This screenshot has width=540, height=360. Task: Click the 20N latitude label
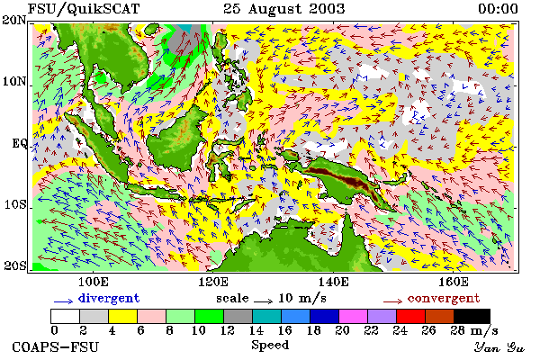(14, 21)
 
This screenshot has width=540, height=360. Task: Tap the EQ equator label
(19, 143)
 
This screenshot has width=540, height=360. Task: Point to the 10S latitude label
(15, 204)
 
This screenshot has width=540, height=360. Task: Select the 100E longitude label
(94, 282)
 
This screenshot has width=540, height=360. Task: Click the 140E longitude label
(333, 282)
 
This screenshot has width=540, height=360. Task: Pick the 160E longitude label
(454, 282)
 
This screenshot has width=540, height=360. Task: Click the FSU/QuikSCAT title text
(84, 9)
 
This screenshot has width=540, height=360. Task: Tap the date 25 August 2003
(283, 9)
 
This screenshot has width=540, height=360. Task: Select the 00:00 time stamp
(498, 9)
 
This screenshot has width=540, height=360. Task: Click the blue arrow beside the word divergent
(63, 301)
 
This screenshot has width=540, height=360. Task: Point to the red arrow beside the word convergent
(392, 301)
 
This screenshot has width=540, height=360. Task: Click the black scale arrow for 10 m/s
(264, 301)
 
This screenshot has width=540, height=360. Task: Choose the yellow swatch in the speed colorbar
(123, 316)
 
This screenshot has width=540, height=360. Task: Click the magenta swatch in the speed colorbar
(354, 316)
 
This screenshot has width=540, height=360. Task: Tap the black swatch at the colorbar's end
(472, 316)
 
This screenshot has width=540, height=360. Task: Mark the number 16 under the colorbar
(284, 330)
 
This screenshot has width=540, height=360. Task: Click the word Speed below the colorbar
(270, 346)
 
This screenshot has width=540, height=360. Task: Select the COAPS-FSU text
(55, 346)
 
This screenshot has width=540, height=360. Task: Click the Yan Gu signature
(499, 347)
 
